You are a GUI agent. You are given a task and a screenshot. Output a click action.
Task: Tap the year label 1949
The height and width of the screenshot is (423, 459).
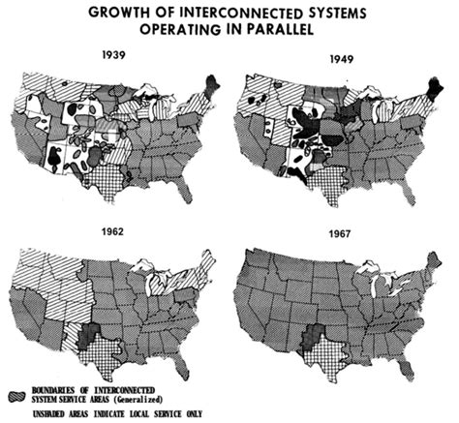(x=329, y=57)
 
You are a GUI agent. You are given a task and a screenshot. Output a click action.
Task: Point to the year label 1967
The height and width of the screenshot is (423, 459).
(x=333, y=233)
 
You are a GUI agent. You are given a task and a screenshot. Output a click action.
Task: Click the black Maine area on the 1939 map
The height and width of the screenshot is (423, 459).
(x=212, y=85)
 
